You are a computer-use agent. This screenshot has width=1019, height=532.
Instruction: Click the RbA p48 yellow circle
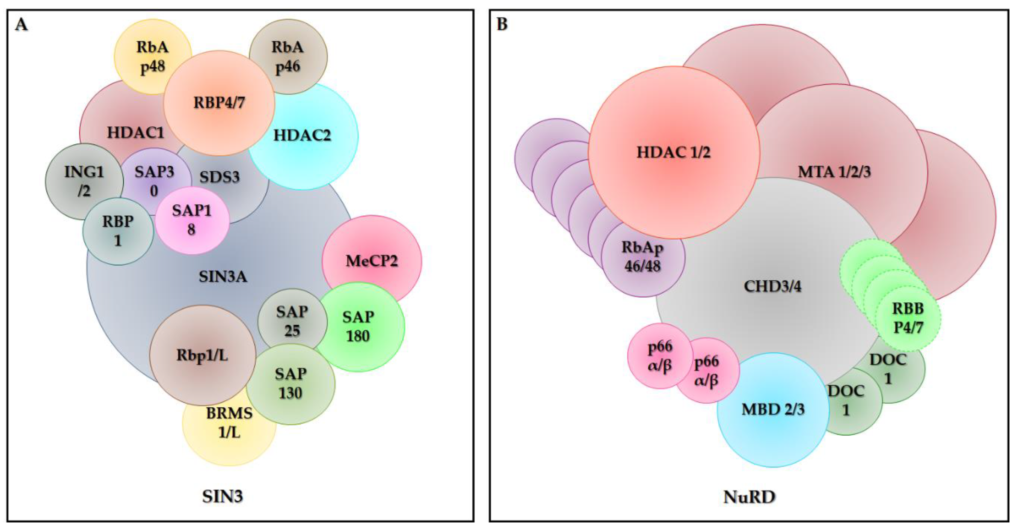(152, 56)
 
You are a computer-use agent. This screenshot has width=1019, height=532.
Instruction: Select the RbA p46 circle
(288, 56)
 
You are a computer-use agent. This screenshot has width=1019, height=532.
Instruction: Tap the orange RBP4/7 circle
(219, 103)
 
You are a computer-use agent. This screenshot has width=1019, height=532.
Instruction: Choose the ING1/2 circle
(84, 181)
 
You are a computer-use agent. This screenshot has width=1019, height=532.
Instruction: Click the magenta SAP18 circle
(192, 220)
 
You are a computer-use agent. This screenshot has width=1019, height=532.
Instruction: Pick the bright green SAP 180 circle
(358, 326)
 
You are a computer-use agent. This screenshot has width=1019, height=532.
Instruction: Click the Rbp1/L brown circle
(202, 355)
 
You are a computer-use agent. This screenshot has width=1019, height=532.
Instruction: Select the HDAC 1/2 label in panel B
(673, 152)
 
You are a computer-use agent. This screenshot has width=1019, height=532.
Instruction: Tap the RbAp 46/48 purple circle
(642, 257)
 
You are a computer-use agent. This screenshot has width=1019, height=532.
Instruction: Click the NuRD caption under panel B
(749, 497)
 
